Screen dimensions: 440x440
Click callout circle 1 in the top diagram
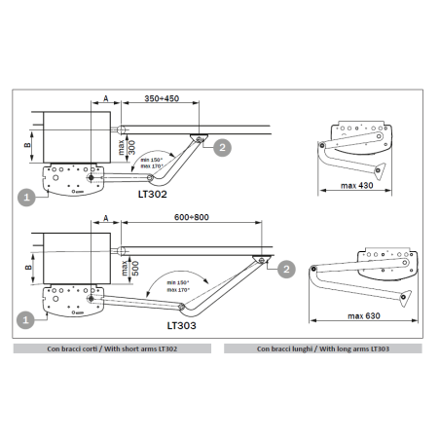(x=27, y=196)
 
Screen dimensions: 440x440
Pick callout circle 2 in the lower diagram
(x=285, y=268)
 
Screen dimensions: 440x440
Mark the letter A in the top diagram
(x=104, y=99)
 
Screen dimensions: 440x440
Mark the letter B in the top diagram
(x=27, y=146)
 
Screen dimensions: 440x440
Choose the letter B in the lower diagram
(x=27, y=263)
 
